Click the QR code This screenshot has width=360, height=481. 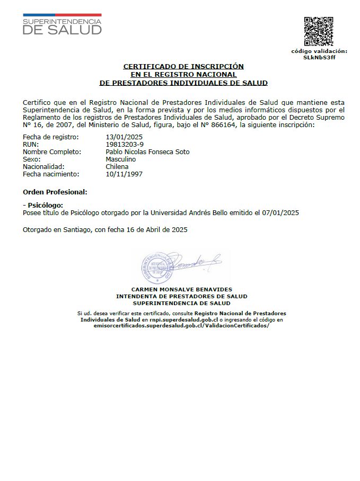coord(319,31)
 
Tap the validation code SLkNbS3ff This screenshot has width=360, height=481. coord(319,57)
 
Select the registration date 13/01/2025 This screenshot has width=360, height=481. coord(124,137)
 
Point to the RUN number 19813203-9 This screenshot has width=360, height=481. coord(125,145)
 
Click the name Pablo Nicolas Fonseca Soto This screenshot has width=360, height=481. coord(147,152)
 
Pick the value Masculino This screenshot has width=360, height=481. coord(121,159)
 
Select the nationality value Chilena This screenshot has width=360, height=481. coord(117,167)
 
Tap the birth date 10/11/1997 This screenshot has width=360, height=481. coord(124,174)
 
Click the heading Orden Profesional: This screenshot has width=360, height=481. coord(55,192)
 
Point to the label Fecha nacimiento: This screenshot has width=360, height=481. coord(51,174)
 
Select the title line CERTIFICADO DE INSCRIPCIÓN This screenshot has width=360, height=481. coord(183,67)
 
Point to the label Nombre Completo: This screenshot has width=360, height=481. coord(52,152)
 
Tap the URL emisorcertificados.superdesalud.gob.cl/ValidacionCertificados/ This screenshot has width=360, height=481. coord(181,326)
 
